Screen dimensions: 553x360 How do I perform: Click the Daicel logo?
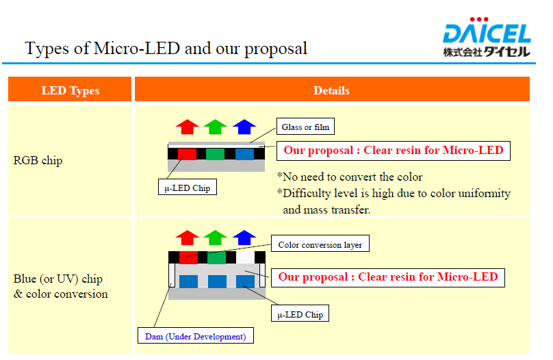(487, 37)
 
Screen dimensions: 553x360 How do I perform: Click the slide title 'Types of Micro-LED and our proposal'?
(166, 49)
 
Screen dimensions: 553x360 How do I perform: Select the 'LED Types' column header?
(70, 90)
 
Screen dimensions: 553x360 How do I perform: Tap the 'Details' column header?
(331, 90)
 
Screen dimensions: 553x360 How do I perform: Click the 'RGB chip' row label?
(38, 160)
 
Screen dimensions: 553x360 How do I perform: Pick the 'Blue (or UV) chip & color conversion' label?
(61, 286)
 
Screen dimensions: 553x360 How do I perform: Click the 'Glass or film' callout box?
(305, 127)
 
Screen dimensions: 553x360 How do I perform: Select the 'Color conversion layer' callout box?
(320, 244)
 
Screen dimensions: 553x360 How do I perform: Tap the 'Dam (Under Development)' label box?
(195, 335)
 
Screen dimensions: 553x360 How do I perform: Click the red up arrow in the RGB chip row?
(188, 127)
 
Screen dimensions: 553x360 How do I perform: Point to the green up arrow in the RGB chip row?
(215, 127)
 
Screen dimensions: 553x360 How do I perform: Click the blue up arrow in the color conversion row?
(244, 237)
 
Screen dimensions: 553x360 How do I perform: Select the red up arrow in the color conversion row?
(188, 237)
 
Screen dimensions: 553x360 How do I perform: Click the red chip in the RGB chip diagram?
(187, 154)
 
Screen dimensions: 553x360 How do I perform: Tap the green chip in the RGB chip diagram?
(215, 154)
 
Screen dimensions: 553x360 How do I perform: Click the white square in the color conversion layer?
(245, 257)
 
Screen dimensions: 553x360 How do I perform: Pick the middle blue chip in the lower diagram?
(217, 282)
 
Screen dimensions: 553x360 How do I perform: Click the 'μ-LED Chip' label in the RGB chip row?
(188, 187)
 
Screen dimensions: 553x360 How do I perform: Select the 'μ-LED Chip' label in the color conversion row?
(300, 313)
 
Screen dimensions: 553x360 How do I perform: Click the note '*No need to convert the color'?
(350, 177)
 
